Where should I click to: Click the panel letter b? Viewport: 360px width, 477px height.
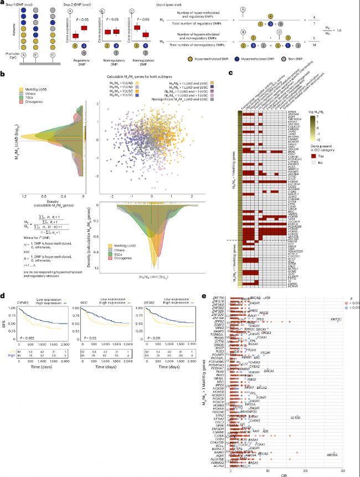pos(4,73)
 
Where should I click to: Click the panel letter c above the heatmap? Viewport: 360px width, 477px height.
pos(230,73)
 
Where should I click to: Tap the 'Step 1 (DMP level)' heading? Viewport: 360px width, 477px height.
pos(17,3)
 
